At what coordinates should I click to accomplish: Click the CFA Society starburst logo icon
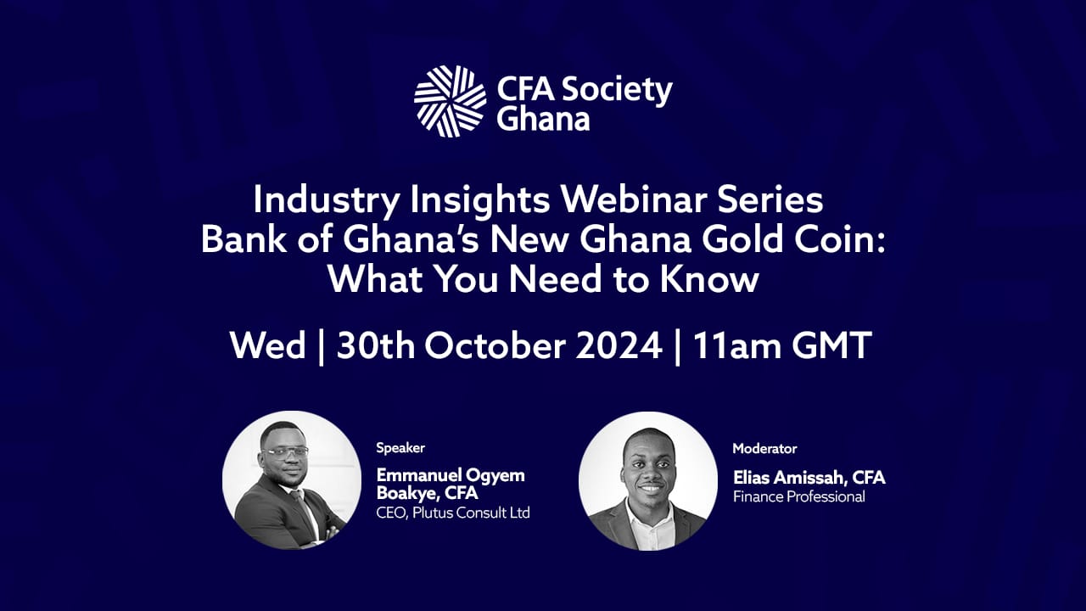450,101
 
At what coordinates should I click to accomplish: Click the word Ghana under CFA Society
543,120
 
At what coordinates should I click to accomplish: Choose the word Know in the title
710,279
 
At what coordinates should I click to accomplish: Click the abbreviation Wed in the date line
268,345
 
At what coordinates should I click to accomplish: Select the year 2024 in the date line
619,345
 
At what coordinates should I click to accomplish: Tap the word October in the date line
495,345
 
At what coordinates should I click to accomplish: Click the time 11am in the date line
737,345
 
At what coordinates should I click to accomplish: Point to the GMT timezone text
832,345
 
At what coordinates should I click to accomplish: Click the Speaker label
400,448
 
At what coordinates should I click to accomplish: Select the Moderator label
764,449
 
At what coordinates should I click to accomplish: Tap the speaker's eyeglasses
286,452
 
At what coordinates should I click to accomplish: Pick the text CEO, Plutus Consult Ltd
453,513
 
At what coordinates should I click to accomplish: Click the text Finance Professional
799,496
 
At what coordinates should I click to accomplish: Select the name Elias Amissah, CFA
809,478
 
